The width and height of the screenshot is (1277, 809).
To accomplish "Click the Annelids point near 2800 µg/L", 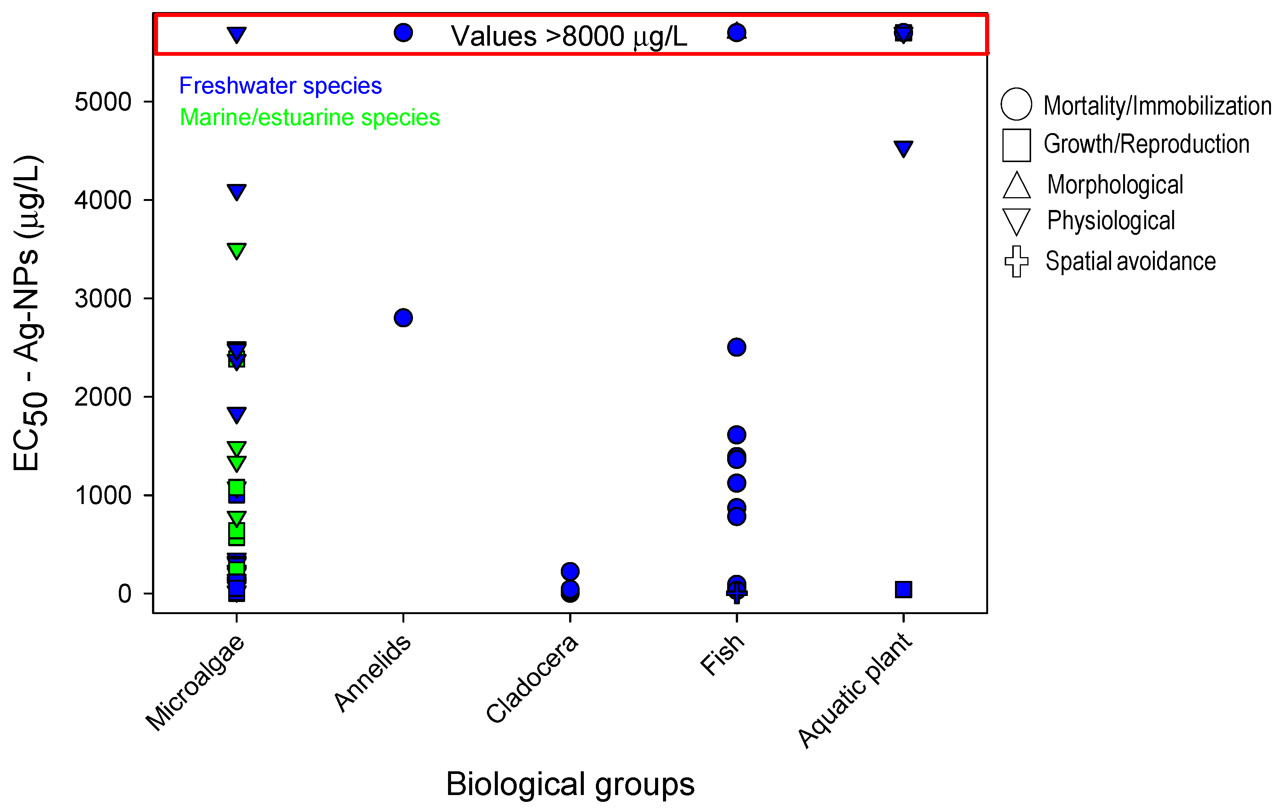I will (x=403, y=317).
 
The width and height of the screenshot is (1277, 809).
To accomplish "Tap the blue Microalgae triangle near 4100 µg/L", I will (x=236, y=192).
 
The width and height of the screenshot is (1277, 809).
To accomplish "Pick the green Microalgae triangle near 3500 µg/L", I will (x=236, y=250).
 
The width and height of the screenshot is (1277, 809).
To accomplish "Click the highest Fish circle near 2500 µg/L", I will (x=737, y=347).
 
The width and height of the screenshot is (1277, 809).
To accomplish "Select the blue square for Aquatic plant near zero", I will (x=903, y=589).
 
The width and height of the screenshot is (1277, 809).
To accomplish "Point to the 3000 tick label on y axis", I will (x=103, y=299).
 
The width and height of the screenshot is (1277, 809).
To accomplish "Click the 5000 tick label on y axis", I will (x=103, y=102).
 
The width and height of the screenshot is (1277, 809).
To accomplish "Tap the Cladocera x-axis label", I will (x=532, y=679).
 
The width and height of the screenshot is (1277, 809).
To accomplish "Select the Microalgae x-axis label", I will (x=195, y=683).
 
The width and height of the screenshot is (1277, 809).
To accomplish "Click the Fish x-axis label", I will (x=722, y=655).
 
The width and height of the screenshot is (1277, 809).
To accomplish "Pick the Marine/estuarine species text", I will (x=310, y=117).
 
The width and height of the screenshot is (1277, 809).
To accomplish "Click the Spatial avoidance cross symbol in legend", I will (x=1016, y=261).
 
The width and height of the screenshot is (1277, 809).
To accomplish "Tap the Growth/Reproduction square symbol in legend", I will (x=1016, y=145).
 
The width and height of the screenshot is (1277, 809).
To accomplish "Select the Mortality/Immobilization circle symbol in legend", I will (x=1016, y=104).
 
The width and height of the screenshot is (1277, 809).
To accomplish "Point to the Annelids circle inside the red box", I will (x=403, y=33).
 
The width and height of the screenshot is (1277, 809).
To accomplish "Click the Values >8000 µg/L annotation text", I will (x=568, y=36).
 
